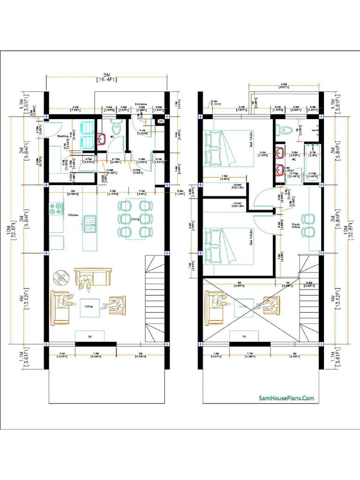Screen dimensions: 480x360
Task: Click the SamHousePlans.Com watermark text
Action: (x=286, y=398)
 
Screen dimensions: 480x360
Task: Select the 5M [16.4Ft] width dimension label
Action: (x=106, y=77)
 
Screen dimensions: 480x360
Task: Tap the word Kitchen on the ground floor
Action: (x=73, y=215)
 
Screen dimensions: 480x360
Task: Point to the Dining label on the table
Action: (x=135, y=219)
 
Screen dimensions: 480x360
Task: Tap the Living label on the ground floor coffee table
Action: (x=89, y=306)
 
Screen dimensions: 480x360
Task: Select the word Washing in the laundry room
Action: (x=63, y=136)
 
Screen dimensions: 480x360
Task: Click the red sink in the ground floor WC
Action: (x=101, y=139)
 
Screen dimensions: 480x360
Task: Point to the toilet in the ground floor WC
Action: (x=115, y=127)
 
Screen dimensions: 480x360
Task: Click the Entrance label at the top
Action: (x=141, y=104)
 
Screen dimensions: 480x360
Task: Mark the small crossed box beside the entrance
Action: (x=162, y=121)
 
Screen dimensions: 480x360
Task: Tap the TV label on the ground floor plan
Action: (x=90, y=337)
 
